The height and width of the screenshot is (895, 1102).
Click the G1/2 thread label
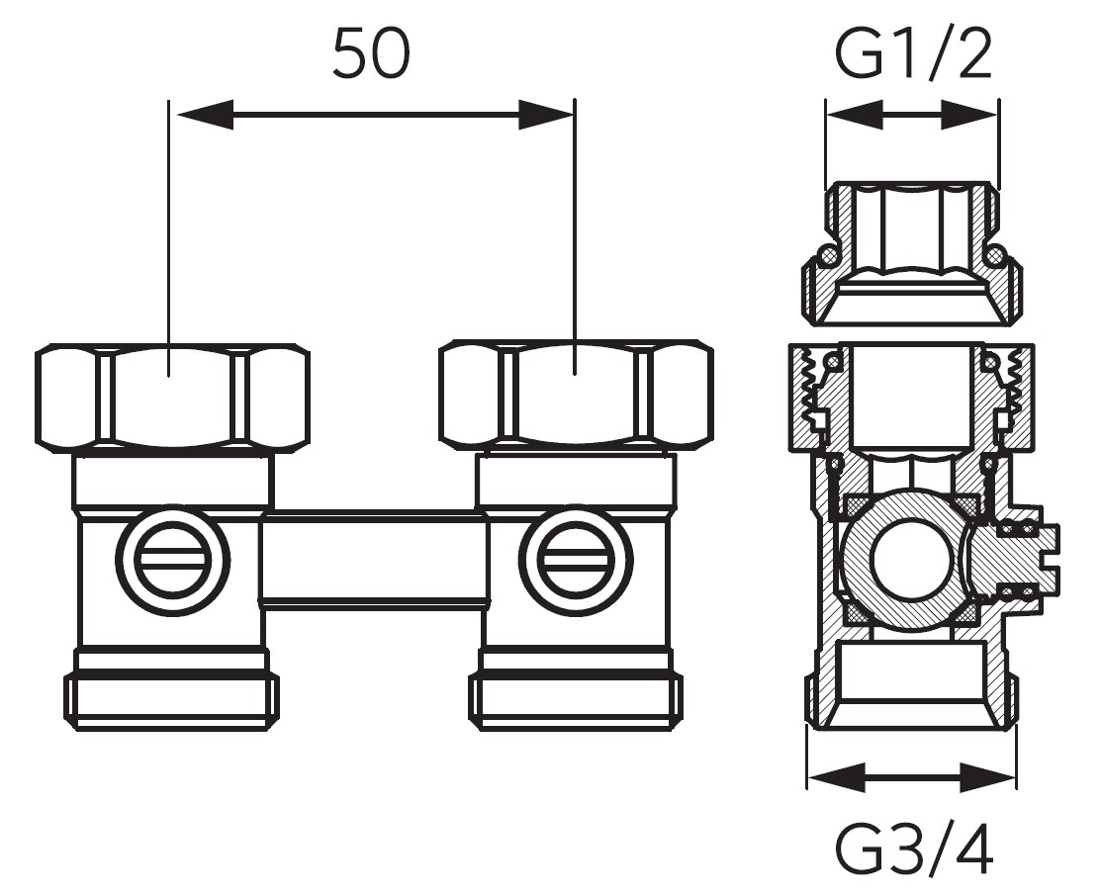point(912,56)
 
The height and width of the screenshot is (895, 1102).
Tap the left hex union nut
point(172,396)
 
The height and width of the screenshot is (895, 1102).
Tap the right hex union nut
point(576,396)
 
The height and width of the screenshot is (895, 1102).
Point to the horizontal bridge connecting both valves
point(374,560)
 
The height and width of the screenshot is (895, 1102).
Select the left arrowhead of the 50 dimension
point(203,114)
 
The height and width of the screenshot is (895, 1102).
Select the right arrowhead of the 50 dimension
point(544,114)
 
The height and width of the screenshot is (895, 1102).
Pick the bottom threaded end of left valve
point(171,700)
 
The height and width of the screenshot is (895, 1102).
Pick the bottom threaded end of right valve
point(575,700)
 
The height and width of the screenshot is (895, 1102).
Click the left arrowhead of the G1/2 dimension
point(852,115)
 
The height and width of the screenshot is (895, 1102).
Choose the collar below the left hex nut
point(172,481)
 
